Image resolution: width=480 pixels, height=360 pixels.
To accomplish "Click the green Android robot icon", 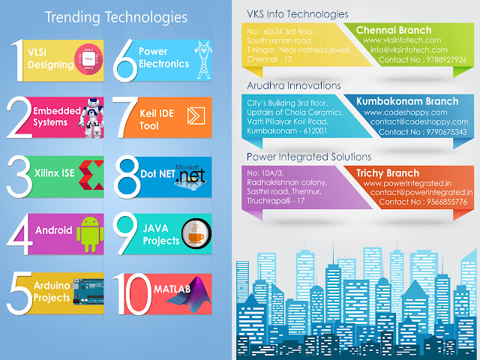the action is [x=90, y=234].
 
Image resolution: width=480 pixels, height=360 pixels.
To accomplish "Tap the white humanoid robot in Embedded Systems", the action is [x=91, y=118].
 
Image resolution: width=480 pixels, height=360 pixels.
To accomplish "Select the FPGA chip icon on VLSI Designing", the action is [x=88, y=59].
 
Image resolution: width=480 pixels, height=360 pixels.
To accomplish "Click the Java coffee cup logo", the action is [x=196, y=233].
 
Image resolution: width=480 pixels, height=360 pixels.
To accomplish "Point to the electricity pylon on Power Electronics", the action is [x=203, y=60].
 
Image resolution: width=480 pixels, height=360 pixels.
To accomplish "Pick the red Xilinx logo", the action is [x=91, y=175].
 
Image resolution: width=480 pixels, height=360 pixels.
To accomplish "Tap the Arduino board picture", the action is [x=88, y=292].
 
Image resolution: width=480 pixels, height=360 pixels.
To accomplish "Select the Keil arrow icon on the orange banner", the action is [x=196, y=116].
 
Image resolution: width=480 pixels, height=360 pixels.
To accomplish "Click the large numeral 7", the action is [x=125, y=117].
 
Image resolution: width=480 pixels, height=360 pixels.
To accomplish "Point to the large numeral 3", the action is [x=19, y=177].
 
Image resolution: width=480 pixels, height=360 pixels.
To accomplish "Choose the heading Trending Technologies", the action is [x=116, y=17].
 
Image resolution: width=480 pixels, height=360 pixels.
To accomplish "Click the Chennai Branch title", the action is [x=394, y=30].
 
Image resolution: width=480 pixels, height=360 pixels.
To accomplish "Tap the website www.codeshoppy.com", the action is [x=406, y=112].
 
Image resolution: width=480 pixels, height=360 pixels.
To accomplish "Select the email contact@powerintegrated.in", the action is [x=421, y=193].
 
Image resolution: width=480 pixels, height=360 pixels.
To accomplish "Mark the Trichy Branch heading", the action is [x=388, y=173].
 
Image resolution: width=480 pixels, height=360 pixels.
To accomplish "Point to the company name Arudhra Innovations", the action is [x=294, y=85].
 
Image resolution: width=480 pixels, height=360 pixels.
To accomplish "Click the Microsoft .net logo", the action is [x=190, y=176].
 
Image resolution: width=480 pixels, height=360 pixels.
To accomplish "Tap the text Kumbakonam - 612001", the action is [x=287, y=131].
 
